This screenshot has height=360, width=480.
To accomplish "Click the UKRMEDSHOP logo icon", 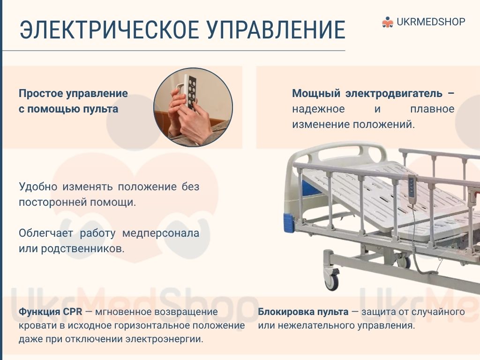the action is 388,22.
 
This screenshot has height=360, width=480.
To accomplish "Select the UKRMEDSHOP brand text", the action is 431,22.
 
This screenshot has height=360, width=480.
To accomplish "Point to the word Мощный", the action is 316,93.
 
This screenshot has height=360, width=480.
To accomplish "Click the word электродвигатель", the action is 394,93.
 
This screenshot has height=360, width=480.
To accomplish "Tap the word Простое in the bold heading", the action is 40,93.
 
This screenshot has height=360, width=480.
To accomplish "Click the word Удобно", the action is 38,186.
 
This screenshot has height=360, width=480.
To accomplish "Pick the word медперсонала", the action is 161,233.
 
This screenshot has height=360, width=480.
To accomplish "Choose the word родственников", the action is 82,248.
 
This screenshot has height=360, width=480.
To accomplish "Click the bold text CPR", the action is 73,312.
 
